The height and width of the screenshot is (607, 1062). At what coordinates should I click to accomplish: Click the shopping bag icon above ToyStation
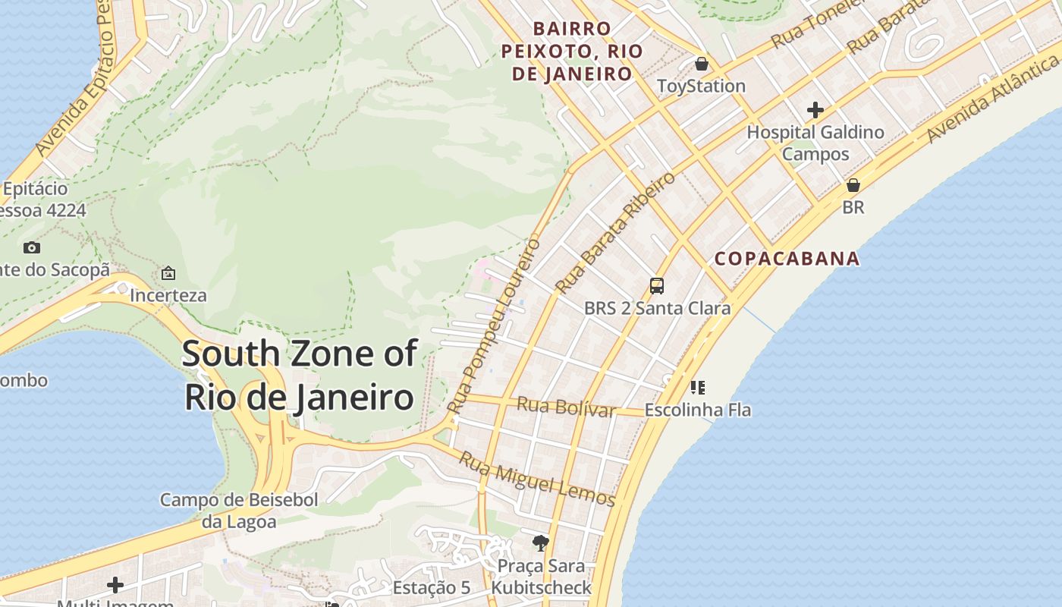pos(702,63)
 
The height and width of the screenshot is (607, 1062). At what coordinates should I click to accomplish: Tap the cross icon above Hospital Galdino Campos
pos(815,110)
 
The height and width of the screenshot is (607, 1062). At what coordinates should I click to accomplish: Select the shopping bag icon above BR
pos(853,185)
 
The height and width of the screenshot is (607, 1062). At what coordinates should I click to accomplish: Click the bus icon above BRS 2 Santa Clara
pos(657,286)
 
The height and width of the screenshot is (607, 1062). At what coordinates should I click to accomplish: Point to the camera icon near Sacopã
pos(31,247)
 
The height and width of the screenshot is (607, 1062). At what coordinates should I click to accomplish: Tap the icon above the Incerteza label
pos(168,272)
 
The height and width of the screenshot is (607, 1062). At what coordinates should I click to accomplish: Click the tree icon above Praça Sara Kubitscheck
pos(541,543)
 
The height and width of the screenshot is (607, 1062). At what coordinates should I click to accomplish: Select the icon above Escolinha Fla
pos(698,388)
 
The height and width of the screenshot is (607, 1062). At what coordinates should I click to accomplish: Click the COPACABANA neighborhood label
pos(787,259)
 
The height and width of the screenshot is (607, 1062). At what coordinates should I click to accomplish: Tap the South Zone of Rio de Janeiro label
pos(300,376)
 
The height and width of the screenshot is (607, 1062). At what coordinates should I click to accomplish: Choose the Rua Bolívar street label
pos(566,407)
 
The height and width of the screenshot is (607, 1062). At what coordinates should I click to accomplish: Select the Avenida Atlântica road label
pos(994,96)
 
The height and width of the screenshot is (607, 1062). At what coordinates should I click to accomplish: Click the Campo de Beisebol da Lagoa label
pos(239,511)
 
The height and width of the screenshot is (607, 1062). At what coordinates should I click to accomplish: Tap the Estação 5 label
pos(432,588)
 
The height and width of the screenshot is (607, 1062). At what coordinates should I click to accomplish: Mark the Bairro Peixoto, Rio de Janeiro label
pos(573,51)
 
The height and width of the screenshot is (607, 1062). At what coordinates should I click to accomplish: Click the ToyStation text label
pos(702,86)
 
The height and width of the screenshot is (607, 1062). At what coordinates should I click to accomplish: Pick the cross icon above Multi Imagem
pos(115,585)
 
